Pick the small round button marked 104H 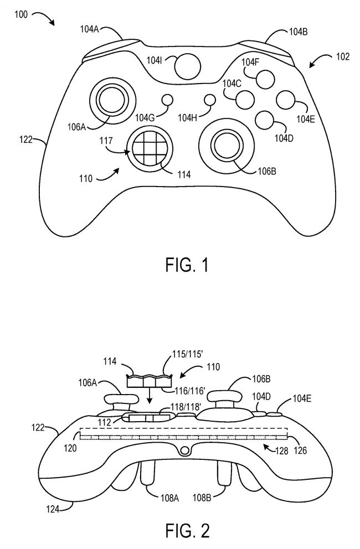point(209,100)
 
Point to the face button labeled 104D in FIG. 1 point(265,118)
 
